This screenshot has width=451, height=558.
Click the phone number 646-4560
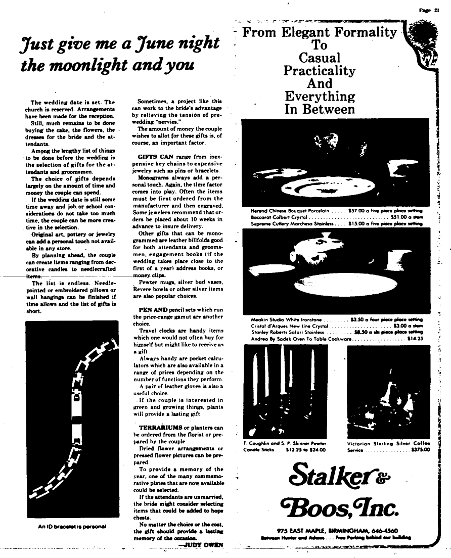point(374,531)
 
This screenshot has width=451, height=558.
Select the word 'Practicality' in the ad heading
point(319,70)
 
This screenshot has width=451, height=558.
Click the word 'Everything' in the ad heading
point(319,96)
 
